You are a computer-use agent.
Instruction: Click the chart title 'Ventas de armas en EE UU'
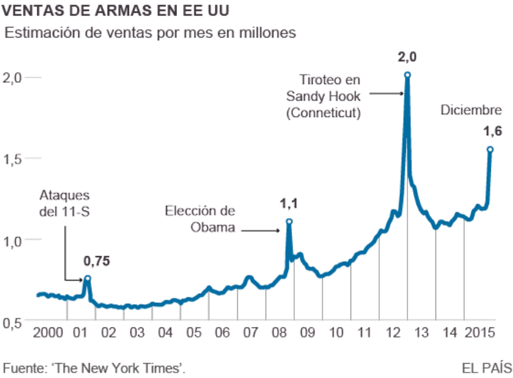[x=117, y=11]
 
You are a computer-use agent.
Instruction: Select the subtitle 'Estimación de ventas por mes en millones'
[x=150, y=32]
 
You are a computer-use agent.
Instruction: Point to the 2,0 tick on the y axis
[x=14, y=77]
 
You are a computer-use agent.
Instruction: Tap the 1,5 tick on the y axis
[x=14, y=158]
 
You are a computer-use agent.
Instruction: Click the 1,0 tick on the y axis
[x=14, y=240]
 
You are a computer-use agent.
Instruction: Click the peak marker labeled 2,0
[x=407, y=75]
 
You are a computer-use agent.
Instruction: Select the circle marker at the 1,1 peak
[x=289, y=222]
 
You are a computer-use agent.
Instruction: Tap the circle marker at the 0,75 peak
[x=87, y=279]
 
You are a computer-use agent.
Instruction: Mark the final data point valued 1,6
[x=490, y=149]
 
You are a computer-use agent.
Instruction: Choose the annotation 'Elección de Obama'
[x=201, y=219]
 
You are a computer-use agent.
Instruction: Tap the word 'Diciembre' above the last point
[x=471, y=110]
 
